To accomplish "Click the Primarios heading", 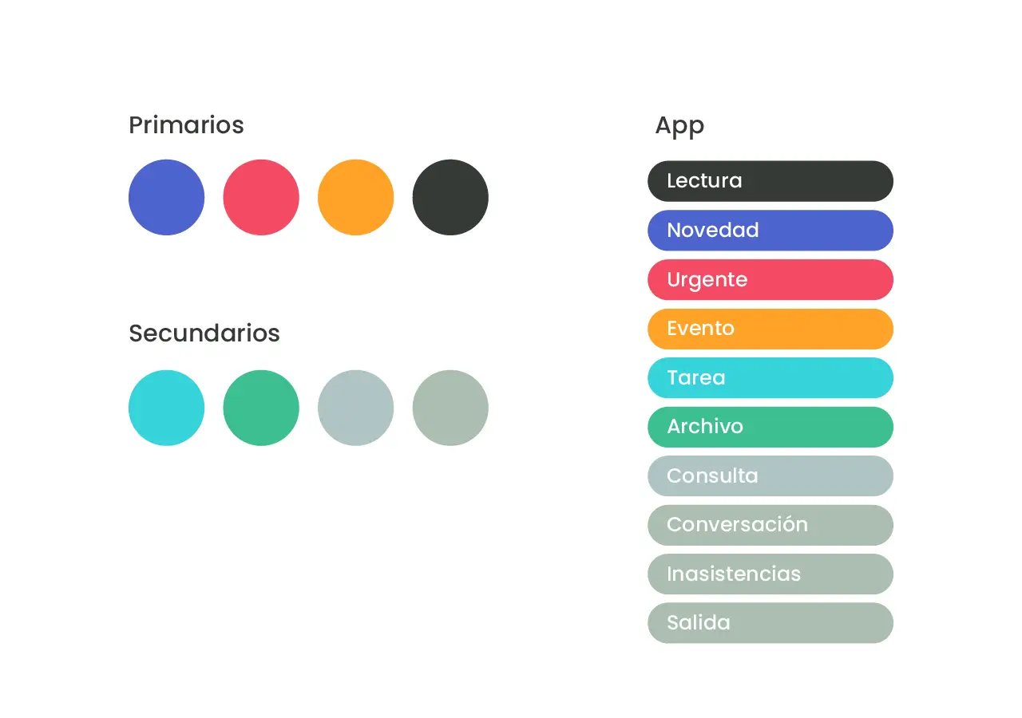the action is pos(186,125).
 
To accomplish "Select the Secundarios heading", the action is pos(204,333).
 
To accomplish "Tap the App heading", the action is pos(679,126).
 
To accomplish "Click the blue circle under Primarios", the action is pos(167,197).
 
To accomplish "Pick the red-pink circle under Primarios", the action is pos(261,197).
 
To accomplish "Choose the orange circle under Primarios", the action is pos(356,197).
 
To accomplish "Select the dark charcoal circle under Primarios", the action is pos(450,197).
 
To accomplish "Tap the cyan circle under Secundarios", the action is pos(167,408).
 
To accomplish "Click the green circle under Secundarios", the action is pos(261,408).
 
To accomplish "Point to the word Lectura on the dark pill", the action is pos(704,180).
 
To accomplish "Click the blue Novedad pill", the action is pos(770,231).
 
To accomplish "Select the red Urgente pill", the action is pos(770,279).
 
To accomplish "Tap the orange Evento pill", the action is pos(770,329).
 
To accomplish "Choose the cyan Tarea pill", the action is pos(770,378).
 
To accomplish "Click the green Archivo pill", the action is pos(770,427).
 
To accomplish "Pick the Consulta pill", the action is pos(770,476).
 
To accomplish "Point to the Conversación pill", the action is pos(770,525).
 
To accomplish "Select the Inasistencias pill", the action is pos(770,574).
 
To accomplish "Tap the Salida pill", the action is pos(770,623).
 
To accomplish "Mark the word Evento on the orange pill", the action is pos(701,328).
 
